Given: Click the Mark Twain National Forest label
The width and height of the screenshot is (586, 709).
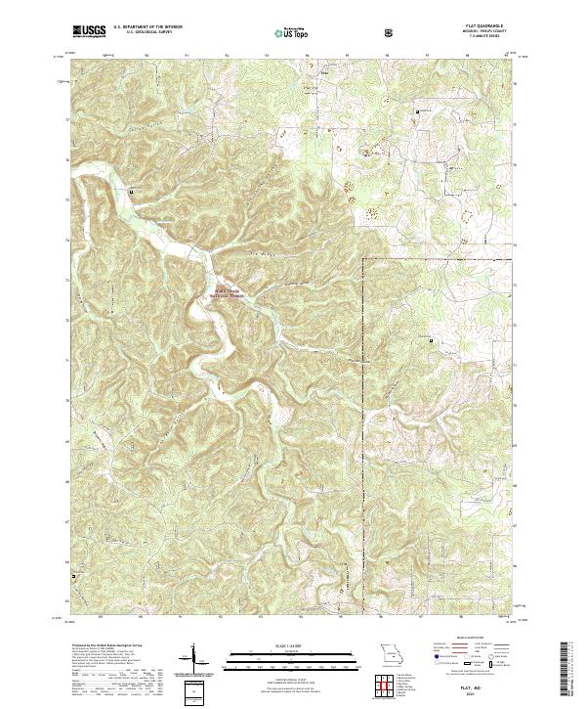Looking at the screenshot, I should (227, 289).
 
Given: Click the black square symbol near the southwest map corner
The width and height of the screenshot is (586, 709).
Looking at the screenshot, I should (71, 574).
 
